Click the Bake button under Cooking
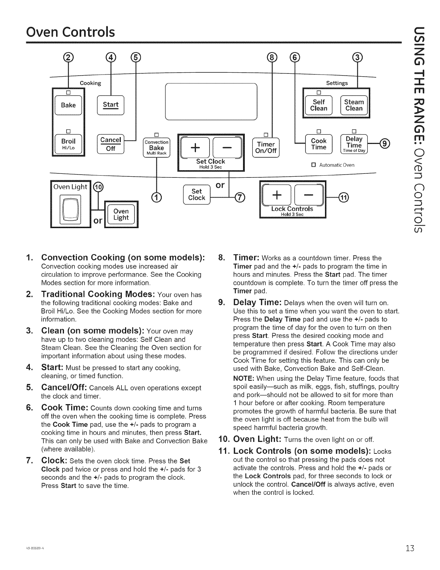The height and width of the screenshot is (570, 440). tap(68, 105)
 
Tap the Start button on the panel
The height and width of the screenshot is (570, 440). tap(110, 105)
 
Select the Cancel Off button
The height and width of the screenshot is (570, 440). tap(110, 144)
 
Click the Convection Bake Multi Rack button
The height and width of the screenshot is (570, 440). tap(156, 148)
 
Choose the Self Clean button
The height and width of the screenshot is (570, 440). tap(318, 105)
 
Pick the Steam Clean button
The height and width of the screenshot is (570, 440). tap(354, 105)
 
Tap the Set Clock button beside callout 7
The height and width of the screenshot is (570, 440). tap(196, 194)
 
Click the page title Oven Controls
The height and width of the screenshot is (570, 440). tap(70, 32)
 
